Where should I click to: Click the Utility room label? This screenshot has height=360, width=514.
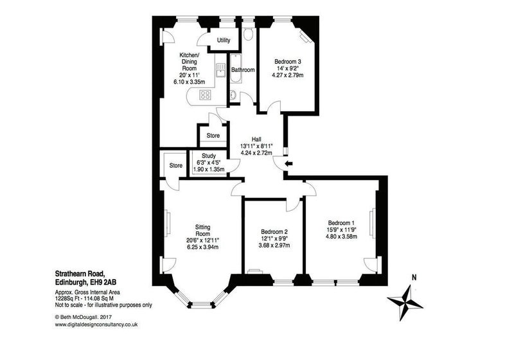point(224,40)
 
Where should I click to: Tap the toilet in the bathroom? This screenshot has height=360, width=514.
point(248,34)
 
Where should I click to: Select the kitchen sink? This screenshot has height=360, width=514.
point(220,70)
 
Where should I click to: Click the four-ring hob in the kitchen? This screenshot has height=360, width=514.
point(206,95)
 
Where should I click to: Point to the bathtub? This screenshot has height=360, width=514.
point(235,69)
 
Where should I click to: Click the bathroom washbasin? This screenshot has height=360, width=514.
point(233,95)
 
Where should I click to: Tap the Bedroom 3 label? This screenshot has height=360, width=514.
point(287,61)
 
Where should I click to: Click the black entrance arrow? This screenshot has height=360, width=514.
point(288,163)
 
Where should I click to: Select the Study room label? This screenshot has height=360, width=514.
point(208,156)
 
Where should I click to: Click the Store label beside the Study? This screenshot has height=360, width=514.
point(175,166)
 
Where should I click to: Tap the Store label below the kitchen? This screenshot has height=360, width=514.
point(213,136)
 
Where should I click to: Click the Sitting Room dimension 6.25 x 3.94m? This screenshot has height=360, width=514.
point(202,247)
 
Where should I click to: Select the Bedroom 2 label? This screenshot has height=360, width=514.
point(274,231)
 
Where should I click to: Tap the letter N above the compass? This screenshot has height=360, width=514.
point(414,277)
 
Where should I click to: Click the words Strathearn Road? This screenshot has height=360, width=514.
point(80,273)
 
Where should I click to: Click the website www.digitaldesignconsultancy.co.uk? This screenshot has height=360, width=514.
point(96,325)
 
